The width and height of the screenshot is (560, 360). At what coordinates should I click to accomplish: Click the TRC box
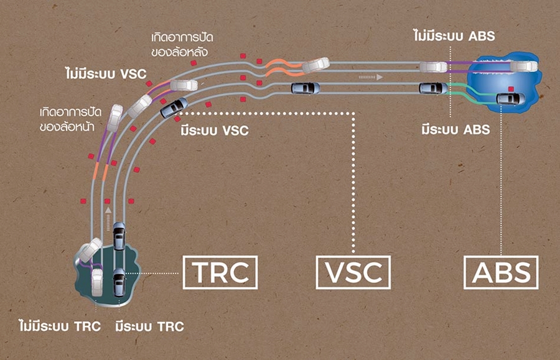click(220, 272)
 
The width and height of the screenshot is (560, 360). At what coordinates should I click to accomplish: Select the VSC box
click(353, 272)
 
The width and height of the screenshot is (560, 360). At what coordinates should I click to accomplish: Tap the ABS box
click(501, 272)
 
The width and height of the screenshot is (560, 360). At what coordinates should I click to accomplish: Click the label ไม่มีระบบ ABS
click(454, 36)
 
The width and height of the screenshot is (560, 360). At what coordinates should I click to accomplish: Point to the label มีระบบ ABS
click(455, 130)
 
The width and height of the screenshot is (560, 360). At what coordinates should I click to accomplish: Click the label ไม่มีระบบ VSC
click(105, 74)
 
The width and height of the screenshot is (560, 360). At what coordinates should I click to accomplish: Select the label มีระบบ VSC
click(214, 131)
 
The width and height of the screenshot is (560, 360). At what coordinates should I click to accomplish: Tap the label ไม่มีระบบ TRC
click(60, 326)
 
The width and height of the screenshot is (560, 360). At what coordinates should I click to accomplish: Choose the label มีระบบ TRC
click(150, 326)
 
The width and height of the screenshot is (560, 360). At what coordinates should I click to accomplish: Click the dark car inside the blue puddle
click(511, 98)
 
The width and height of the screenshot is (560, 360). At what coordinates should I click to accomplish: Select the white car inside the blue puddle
click(523, 66)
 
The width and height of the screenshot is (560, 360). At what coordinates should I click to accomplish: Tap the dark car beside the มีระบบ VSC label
click(174, 108)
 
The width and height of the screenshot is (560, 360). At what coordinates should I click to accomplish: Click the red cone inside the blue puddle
click(510, 88)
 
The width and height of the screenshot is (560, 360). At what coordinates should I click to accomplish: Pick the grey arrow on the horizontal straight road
click(370, 78)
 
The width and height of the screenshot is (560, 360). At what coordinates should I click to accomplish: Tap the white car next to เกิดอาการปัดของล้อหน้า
click(114, 117)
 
